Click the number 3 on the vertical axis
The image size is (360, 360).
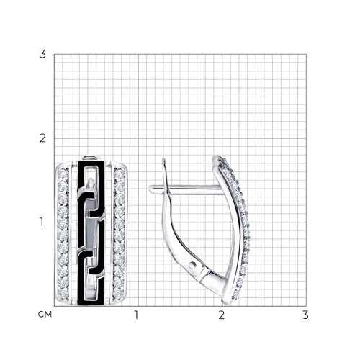42,54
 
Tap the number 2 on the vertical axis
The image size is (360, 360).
42,138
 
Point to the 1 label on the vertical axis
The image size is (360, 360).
42,222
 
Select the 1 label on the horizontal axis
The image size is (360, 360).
136,315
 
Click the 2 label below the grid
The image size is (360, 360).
221,315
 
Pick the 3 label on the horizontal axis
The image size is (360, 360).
305,315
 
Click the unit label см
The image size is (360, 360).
45,315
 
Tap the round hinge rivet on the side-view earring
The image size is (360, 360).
192,266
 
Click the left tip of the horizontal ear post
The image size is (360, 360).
149,189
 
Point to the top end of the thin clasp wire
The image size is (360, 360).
163,159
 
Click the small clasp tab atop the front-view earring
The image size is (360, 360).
91,158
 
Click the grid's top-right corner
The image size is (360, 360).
306,54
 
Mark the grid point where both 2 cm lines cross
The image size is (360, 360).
222,138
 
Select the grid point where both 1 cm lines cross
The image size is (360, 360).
138,222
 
